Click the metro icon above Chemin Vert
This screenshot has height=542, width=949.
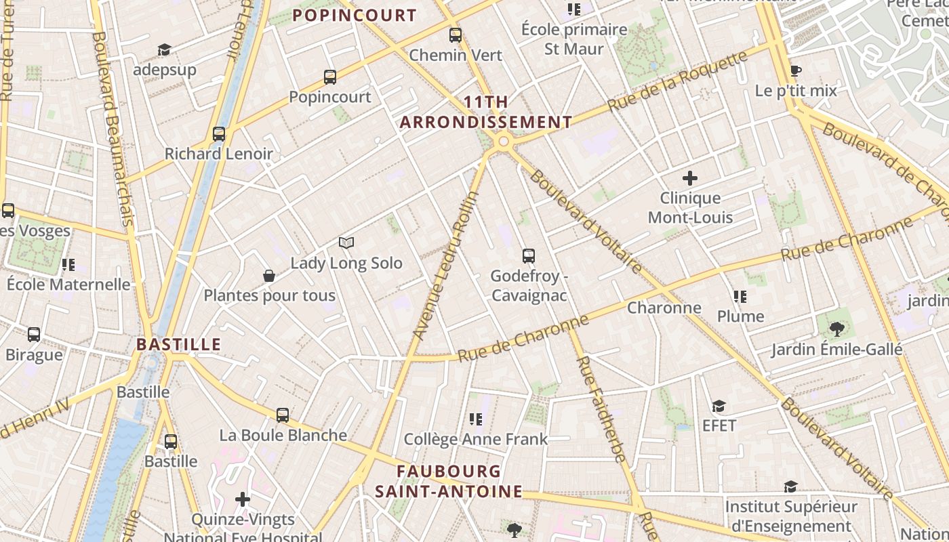pos(456,35)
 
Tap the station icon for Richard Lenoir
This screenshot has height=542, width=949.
pos(219,134)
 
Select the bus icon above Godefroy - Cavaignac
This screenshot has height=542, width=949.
pos(529,256)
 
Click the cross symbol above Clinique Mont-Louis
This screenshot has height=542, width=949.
pos(690,179)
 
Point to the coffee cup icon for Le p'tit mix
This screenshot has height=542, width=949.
pos(796,71)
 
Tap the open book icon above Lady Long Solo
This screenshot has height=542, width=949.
pos(346,243)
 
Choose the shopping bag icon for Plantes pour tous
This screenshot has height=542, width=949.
pos(269,276)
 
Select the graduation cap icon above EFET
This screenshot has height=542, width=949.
pos(719,406)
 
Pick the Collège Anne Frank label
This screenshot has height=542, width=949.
pos(475,439)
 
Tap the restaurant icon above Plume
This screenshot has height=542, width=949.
pos(740,297)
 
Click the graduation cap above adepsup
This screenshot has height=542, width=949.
pos(164,50)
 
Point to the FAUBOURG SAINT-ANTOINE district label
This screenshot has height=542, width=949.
pos(449,481)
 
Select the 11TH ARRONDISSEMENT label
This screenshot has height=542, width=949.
pos(486,112)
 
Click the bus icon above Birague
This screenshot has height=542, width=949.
pos(34,335)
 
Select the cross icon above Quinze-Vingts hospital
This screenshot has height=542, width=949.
pos(243,500)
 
